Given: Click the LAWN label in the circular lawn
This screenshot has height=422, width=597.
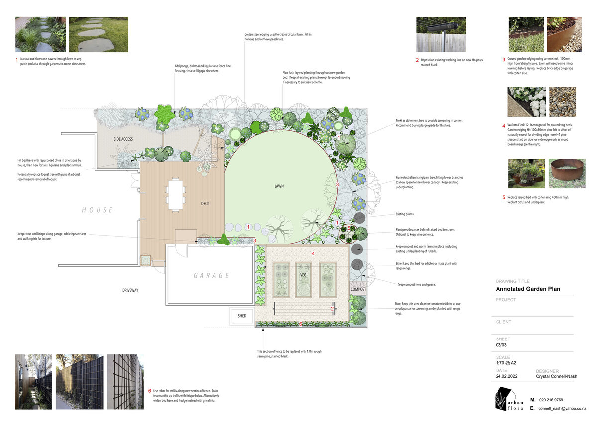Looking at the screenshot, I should (279, 187).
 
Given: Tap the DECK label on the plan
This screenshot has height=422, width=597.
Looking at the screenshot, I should (206, 203).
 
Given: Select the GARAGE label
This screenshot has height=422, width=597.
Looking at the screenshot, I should (211, 275).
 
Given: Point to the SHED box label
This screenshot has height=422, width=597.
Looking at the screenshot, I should (242, 316).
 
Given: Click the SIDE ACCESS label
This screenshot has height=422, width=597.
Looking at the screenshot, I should (123, 139).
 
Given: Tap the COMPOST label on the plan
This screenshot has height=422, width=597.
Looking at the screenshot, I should (358, 289).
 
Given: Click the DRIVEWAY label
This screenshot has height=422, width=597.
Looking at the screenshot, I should (130, 290).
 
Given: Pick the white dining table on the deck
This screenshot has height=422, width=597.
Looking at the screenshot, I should (175, 194).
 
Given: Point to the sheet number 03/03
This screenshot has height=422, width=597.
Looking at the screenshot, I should (502, 344).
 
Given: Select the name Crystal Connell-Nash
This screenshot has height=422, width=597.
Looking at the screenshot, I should (556, 376).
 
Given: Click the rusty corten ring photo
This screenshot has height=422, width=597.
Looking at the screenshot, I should (567, 173).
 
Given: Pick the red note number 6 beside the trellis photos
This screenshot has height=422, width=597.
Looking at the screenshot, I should (149, 391).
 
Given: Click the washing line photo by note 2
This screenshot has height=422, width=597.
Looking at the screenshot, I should (441, 35).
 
